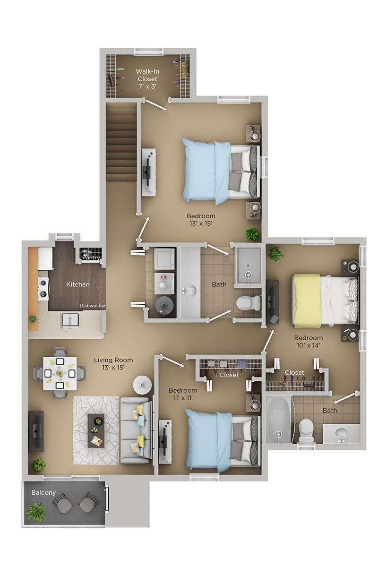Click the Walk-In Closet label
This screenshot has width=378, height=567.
coord(147,78)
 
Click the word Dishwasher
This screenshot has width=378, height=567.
coord(92,306)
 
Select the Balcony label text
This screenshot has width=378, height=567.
coord(43,492)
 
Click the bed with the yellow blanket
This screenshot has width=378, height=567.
coord(324,301)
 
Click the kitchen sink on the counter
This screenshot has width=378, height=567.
coord(69,321)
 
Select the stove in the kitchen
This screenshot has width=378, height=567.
coord(43,289)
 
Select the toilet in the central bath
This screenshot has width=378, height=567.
coord(249,302)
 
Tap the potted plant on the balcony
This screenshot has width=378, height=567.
coord(36,512)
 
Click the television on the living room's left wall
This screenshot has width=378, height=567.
coord(36,430)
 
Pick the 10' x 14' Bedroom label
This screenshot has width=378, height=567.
coord(308,341)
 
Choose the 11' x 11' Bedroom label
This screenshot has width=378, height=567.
coord(183,394)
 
